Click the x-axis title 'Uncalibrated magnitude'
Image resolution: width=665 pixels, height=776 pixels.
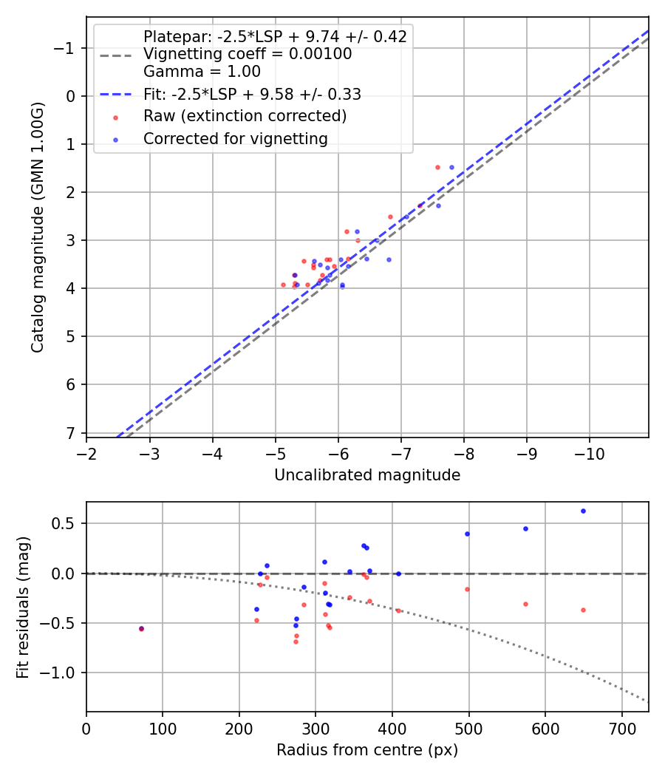click(367, 475)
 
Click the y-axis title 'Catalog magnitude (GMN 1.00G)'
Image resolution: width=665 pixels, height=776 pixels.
click(38, 227)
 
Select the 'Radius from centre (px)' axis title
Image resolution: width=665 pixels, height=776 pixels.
click(367, 750)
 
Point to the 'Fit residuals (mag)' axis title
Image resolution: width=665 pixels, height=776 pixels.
click(23, 606)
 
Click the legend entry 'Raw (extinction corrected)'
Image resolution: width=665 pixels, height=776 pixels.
click(245, 116)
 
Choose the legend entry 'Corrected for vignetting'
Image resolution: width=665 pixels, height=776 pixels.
click(235, 138)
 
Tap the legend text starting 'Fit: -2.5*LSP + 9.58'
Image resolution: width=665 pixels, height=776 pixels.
click(252, 94)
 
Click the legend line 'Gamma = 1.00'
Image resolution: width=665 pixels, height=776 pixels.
click(202, 72)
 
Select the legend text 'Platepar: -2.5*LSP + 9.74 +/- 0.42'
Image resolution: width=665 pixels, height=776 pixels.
click(275, 37)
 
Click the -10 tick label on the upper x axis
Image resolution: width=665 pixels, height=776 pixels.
click(589, 451)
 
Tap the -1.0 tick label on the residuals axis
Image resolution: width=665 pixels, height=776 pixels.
click(63, 673)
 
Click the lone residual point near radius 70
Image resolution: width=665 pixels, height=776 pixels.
click(141, 629)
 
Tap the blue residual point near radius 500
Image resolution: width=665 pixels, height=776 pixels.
click(467, 534)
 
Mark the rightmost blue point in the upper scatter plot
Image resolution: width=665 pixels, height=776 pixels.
click(451, 167)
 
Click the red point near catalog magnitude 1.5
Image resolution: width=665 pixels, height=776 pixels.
click(437, 167)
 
